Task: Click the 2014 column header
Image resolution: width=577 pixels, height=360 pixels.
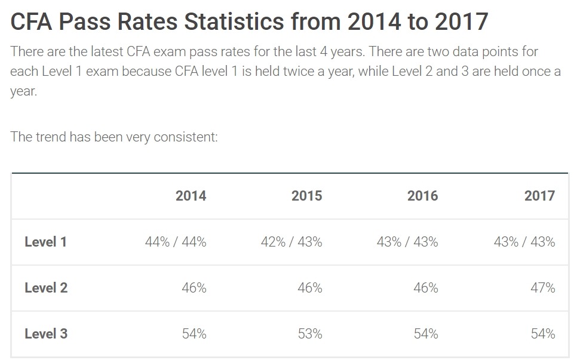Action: tap(191, 196)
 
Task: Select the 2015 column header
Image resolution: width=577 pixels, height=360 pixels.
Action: tap(306, 196)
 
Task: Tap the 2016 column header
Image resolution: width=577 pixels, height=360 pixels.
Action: tap(422, 196)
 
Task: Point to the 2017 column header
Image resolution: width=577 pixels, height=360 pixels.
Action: tap(539, 196)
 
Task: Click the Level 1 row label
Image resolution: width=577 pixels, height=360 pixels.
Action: tap(45, 242)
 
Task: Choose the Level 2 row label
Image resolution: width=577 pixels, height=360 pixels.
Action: tap(46, 288)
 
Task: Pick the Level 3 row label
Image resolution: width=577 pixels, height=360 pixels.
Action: tap(46, 334)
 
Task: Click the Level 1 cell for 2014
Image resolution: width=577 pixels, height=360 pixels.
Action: tap(176, 242)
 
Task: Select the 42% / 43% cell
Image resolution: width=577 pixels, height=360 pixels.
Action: tap(291, 242)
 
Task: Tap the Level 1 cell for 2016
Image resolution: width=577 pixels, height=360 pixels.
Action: tap(407, 242)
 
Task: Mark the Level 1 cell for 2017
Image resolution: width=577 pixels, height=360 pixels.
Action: tap(524, 242)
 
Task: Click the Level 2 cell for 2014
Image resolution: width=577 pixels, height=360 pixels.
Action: tap(194, 288)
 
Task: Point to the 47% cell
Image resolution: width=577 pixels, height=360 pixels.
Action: tap(543, 288)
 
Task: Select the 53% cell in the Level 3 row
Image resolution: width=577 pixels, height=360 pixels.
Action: tap(310, 334)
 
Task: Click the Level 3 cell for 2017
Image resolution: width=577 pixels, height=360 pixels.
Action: tap(543, 334)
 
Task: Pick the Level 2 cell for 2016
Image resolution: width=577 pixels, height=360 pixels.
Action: tap(426, 288)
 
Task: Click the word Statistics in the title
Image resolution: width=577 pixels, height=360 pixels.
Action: tap(234, 21)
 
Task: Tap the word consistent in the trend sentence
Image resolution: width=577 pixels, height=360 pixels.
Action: tap(186, 137)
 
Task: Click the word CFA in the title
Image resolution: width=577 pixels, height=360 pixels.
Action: tap(31, 21)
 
